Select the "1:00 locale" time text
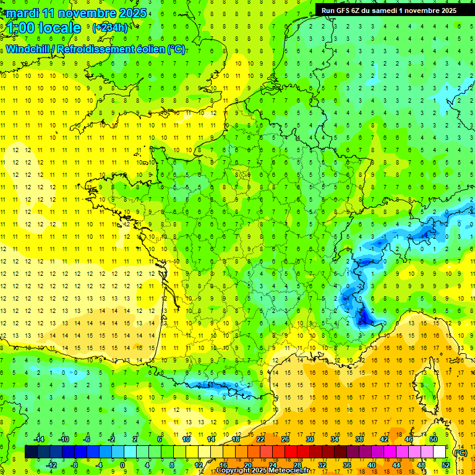pyautogui.click(x=44, y=28)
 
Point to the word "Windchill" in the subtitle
pyautogui.click(x=28, y=49)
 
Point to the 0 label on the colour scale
pyautogui.click(x=122, y=464)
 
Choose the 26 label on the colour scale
pyautogui.click(x=285, y=439)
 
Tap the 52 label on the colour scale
pyautogui.click(x=445, y=464)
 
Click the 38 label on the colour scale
pyautogui.click(x=359, y=439)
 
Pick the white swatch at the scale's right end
pyautogui.click(x=439, y=451)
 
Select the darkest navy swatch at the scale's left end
pyautogui.click(x=31, y=451)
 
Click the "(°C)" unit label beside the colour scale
pyautogui.click(x=460, y=452)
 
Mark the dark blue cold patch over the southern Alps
pyautogui.click(x=365, y=317)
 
